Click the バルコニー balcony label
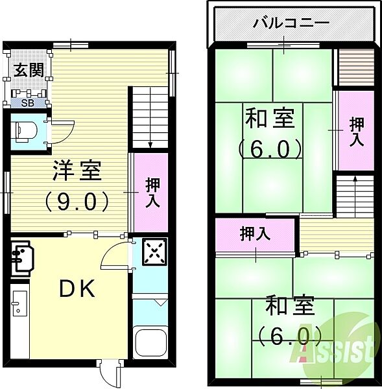pyautogui.click(x=290, y=23)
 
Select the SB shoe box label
pyautogui.click(x=28, y=102)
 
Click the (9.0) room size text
pyautogui.click(x=77, y=201)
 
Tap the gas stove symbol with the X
pyautogui.click(x=154, y=252)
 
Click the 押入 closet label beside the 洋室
pyautogui.click(x=151, y=193)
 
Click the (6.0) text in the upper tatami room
pyautogui.click(x=269, y=149)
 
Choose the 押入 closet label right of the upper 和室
pyautogui.click(x=356, y=131)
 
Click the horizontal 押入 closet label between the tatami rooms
pyautogui.click(x=256, y=233)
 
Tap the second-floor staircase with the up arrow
pyautogui.click(x=354, y=194)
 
